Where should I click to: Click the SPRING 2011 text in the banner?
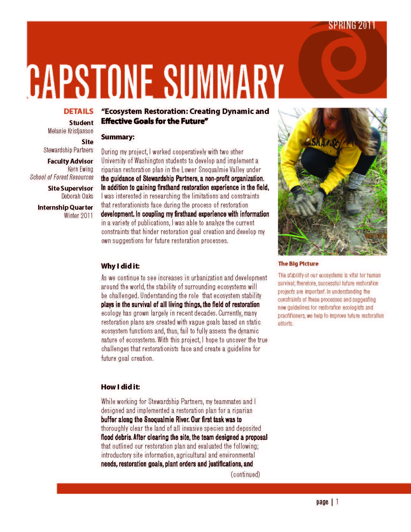[352, 25]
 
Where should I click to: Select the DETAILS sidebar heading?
[78, 111]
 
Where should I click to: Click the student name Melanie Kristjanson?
[70, 131]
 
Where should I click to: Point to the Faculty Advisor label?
[70, 161]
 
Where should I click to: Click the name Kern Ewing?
[80, 169]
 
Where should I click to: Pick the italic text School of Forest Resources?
[62, 177]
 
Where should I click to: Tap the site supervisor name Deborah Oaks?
[77, 196]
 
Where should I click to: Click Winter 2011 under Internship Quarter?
[78, 215]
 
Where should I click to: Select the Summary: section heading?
[118, 137]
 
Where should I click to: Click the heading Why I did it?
[120, 266]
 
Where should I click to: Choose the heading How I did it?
[120, 387]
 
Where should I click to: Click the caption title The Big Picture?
[298, 263]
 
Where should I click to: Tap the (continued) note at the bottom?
[245, 474]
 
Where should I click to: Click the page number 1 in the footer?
[337, 502]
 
